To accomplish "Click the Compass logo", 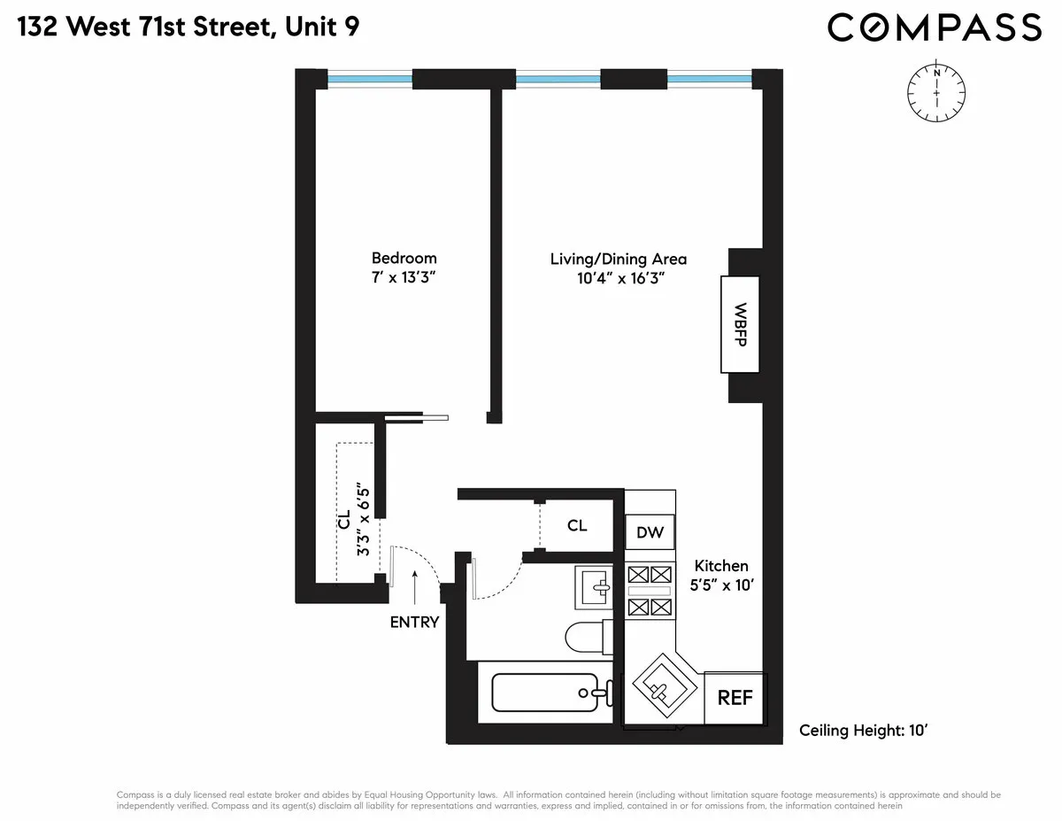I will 935,27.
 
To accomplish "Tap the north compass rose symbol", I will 936,92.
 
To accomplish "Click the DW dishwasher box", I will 650,533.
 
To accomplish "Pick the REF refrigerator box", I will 734,698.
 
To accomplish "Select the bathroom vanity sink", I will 594,587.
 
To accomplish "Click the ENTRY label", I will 414,622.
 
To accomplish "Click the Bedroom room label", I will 404,258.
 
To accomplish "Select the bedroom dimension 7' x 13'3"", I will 404,278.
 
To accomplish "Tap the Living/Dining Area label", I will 619,259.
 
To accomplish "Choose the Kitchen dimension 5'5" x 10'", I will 721,585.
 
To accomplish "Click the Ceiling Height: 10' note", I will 862,731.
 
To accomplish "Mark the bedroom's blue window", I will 370,79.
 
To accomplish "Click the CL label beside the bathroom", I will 577,525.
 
